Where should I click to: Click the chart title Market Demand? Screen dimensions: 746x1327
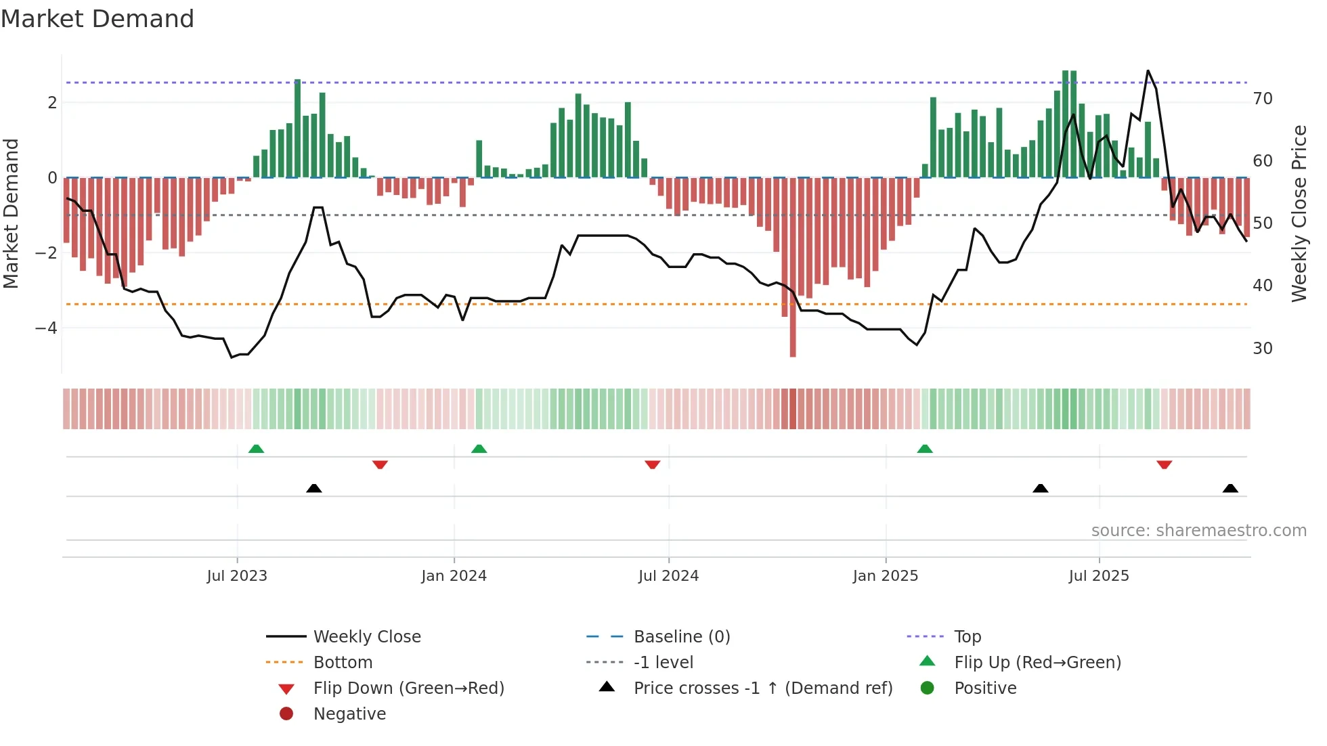(x=97, y=19)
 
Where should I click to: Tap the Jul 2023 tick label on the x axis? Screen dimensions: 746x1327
(x=237, y=576)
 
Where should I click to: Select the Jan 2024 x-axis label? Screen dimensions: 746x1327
(x=454, y=576)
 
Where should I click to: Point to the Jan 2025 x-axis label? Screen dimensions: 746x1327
(x=885, y=576)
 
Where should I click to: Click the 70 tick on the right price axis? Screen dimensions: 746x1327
(x=1263, y=99)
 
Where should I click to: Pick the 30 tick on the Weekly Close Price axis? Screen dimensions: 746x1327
(x=1263, y=349)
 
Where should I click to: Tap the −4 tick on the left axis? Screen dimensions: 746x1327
(x=46, y=328)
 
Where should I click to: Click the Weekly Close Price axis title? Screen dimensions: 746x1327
(x=1299, y=213)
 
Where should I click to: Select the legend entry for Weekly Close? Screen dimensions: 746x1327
(x=366, y=637)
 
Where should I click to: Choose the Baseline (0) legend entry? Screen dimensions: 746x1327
(x=681, y=637)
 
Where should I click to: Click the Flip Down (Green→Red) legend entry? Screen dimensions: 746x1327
(x=408, y=688)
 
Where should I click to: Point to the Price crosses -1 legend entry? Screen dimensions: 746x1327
(x=762, y=688)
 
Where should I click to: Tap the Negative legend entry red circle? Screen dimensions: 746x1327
(x=286, y=714)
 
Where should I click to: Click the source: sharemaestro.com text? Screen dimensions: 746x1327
(x=1198, y=531)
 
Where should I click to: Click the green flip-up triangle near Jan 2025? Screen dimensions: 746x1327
(x=925, y=449)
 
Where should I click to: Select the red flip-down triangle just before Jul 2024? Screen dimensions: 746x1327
(x=652, y=464)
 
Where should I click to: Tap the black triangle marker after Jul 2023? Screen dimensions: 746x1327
(x=314, y=488)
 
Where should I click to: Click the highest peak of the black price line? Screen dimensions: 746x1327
(x=1148, y=71)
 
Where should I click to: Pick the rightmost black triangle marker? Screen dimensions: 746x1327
(x=1230, y=488)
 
